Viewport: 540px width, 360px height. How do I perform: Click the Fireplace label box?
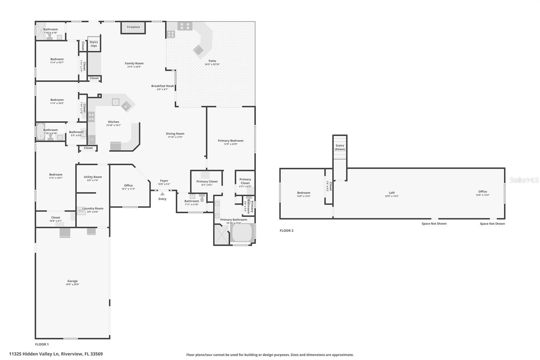click(x=133, y=27)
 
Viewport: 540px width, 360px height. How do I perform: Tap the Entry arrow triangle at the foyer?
click(x=162, y=194)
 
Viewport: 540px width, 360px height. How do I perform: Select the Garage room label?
click(x=72, y=281)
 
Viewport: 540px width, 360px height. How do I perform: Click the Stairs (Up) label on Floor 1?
click(x=94, y=44)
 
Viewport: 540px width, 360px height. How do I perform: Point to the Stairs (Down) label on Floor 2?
click(x=340, y=147)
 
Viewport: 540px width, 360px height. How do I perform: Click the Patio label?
click(x=212, y=61)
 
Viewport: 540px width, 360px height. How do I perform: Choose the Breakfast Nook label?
click(x=162, y=86)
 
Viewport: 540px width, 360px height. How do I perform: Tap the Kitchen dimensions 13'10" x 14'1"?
click(x=113, y=125)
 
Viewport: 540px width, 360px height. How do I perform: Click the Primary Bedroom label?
click(x=231, y=141)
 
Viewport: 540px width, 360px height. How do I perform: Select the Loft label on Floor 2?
click(x=391, y=193)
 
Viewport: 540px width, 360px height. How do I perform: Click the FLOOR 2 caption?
click(x=287, y=231)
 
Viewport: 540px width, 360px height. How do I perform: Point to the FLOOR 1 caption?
click(x=42, y=344)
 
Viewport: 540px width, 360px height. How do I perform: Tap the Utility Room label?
click(x=92, y=177)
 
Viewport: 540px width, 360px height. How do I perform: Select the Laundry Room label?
click(x=92, y=209)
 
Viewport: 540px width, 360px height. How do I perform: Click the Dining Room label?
click(x=175, y=134)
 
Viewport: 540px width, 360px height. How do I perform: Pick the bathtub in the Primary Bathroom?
click(x=242, y=233)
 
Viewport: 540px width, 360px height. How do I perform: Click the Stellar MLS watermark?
click(x=524, y=180)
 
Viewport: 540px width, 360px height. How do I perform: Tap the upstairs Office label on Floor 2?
click(x=482, y=191)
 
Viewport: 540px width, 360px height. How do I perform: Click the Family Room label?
click(x=134, y=63)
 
